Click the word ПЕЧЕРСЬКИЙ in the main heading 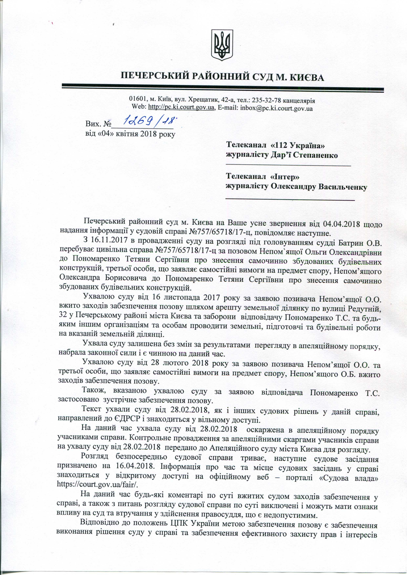pyautogui.click(x=154, y=77)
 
